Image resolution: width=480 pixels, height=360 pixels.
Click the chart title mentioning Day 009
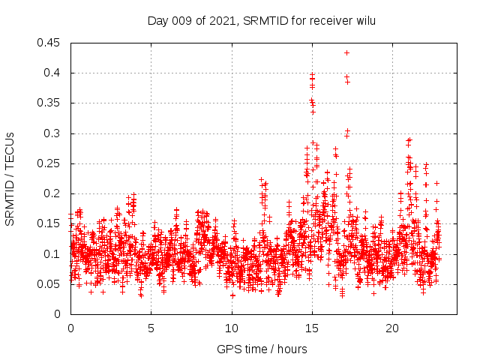[x=262, y=20]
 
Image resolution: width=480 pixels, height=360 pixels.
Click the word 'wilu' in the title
[x=364, y=20]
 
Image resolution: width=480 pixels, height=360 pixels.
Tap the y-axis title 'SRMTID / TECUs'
[x=10, y=178]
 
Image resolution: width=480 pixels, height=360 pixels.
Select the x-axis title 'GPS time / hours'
[x=262, y=349]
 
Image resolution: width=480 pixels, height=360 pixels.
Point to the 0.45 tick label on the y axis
[x=49, y=43]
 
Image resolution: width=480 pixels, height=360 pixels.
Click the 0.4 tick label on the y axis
[x=52, y=73]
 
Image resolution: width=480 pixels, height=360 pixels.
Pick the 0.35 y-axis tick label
[x=49, y=103]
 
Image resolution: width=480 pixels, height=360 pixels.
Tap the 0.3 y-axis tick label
[x=52, y=133]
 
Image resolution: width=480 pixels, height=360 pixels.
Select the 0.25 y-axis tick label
[x=49, y=163]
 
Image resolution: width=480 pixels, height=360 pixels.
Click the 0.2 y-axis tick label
[x=52, y=193]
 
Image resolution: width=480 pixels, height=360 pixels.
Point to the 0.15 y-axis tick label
[x=49, y=223]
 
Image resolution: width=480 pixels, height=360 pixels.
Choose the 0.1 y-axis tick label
[x=52, y=253]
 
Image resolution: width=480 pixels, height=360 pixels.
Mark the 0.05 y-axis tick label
[x=49, y=284]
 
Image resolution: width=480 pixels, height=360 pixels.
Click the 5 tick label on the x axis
[x=151, y=328]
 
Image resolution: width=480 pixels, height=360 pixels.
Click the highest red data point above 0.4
[x=346, y=52]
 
